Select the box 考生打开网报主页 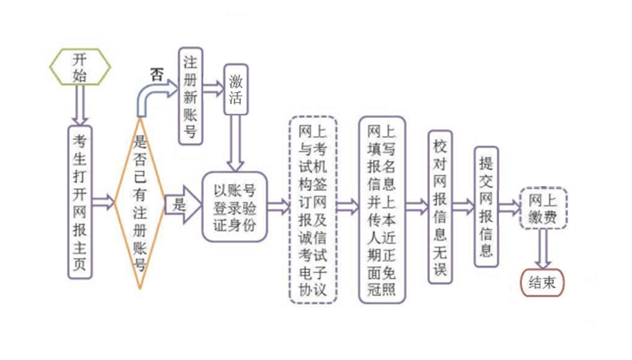click(x=81, y=202)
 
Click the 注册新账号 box click(x=192, y=95)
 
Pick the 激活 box click(x=236, y=90)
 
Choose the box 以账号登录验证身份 click(x=234, y=206)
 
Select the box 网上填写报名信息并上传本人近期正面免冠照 click(x=381, y=210)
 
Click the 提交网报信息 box click(x=486, y=206)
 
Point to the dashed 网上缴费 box click(x=543, y=207)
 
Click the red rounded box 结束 click(x=542, y=282)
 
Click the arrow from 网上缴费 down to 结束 click(x=543, y=247)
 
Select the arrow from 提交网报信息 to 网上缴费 click(x=510, y=207)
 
